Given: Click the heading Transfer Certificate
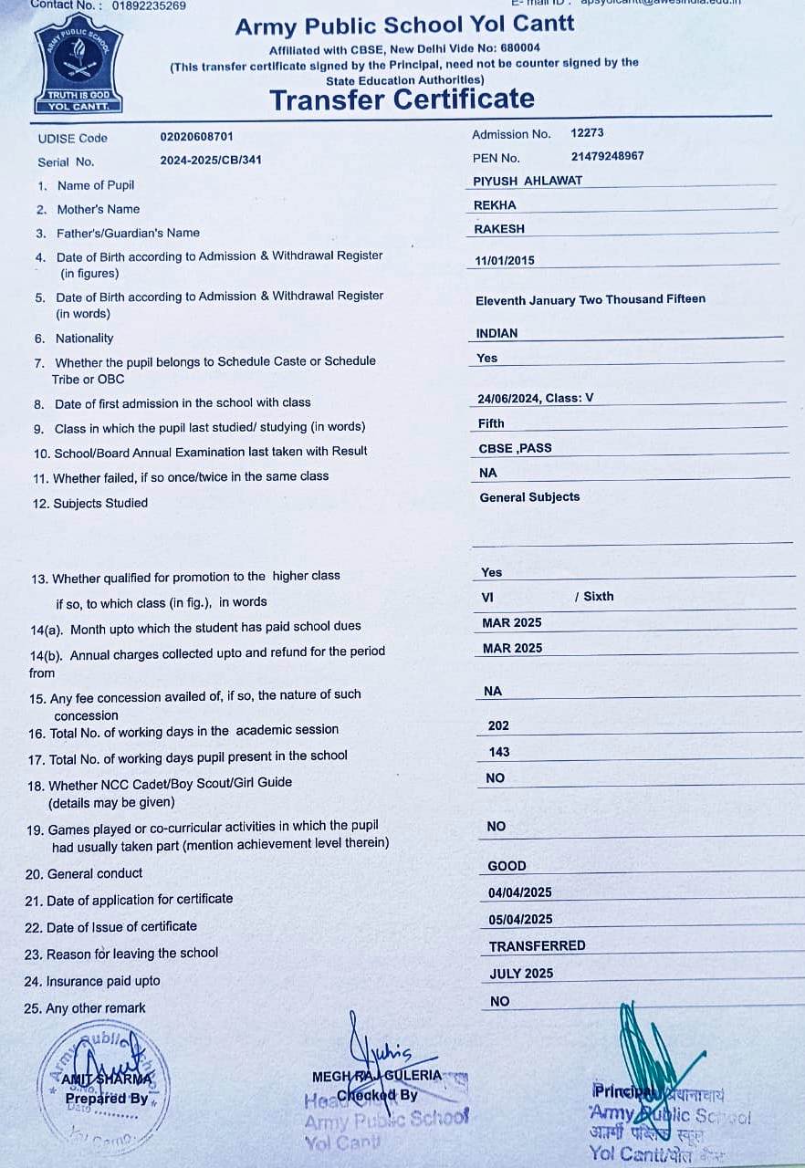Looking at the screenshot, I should click(x=402, y=99).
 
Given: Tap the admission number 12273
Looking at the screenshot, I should click(x=587, y=133).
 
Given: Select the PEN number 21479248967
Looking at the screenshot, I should click(x=607, y=156).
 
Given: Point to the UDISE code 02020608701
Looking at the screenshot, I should click(x=196, y=137).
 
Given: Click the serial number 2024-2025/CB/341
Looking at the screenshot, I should click(x=210, y=160).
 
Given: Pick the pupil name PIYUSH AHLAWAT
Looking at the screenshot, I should click(x=528, y=181).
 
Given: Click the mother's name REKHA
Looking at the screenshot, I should click(x=495, y=205).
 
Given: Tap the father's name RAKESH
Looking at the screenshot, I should click(x=499, y=229).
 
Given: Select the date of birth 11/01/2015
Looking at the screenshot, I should click(x=505, y=260).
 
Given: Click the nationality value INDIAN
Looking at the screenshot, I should click(x=497, y=333).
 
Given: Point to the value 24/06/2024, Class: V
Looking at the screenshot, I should click(x=535, y=399).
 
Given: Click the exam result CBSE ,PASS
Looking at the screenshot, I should click(x=515, y=448).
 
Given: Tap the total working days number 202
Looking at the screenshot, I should click(x=498, y=725).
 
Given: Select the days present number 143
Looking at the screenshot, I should click(x=499, y=752).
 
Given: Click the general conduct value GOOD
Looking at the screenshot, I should click(x=507, y=866).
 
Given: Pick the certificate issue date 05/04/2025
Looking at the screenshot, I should click(x=520, y=919).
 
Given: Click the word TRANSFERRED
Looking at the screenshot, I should click(x=537, y=945).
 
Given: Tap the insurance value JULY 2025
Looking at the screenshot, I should click(x=521, y=974).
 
